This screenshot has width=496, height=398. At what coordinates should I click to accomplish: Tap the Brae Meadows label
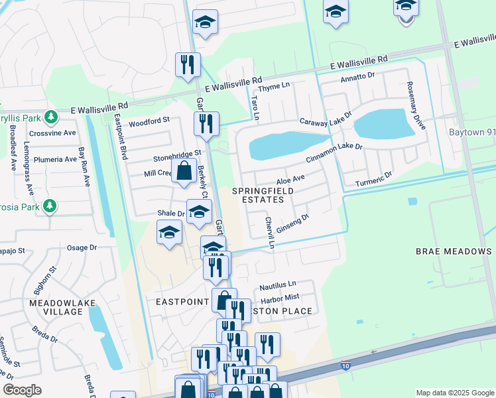point(454,251)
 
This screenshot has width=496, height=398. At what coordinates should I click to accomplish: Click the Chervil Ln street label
point(269,232)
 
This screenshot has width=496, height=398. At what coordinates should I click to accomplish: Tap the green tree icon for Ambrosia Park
point(49,206)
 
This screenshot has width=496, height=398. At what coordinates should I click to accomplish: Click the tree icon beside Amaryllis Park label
point(50,117)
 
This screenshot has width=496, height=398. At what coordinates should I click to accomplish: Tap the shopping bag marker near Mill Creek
point(183,170)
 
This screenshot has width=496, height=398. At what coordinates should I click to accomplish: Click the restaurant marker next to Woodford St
point(206,123)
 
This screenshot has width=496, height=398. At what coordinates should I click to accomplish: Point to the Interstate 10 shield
point(345,365)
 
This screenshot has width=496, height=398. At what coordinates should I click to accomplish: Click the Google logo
point(22,390)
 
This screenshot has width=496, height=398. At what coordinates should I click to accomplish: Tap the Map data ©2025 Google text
point(454,393)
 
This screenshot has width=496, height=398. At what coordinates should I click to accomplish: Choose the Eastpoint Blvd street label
point(121,136)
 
